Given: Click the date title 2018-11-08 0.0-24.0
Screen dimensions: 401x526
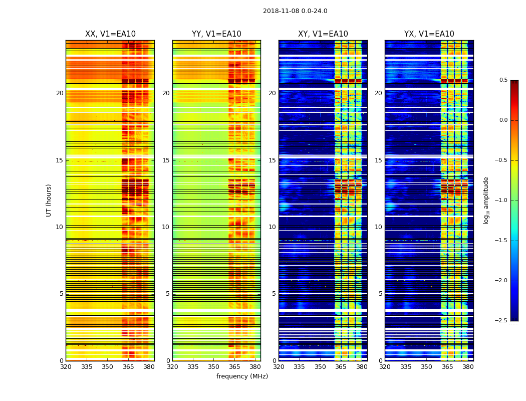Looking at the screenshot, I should (x=295, y=11).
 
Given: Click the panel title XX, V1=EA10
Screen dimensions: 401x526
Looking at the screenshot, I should (x=110, y=34).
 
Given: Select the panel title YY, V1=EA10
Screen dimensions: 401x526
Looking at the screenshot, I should (x=216, y=34).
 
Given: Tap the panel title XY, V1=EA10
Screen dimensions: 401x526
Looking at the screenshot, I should (x=323, y=34).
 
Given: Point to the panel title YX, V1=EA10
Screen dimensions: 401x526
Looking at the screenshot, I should (x=429, y=34).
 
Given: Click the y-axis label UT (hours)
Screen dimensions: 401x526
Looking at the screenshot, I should (x=49, y=200).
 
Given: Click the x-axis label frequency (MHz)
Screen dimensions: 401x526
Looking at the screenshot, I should (x=242, y=376).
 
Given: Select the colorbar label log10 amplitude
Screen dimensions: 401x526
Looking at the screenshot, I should (x=486, y=200).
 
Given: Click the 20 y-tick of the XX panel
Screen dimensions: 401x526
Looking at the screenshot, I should (x=60, y=93).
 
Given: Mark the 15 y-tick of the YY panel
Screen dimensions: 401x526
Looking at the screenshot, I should (x=166, y=160).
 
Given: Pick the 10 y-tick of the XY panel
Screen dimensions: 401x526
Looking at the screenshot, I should (x=273, y=227).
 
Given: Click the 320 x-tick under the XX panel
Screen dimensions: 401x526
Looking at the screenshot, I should (x=66, y=367).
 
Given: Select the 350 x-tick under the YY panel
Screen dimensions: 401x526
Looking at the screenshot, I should (x=214, y=367).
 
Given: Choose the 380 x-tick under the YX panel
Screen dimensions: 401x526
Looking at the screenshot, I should (x=468, y=367).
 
